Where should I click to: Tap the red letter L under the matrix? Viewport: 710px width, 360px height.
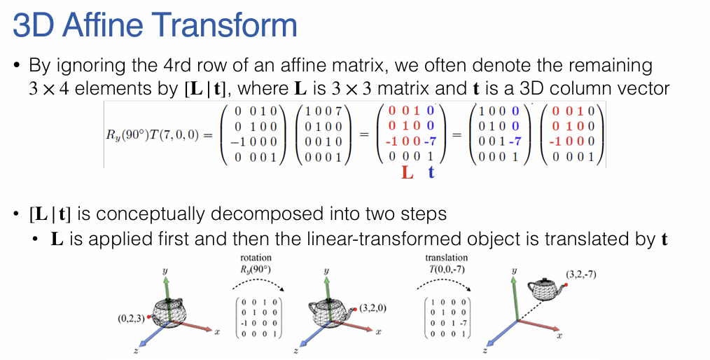tap(408, 172)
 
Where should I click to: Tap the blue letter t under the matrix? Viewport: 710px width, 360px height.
tap(431, 172)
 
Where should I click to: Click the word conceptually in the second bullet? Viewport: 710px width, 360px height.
tap(172, 213)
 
